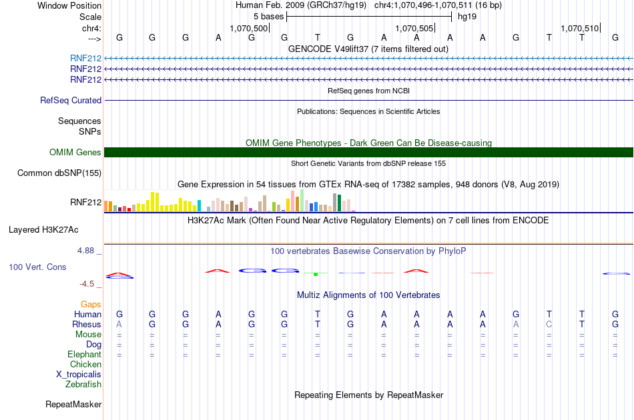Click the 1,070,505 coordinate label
coord(414,28)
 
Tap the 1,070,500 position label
coord(249,28)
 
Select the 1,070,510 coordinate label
coord(579,28)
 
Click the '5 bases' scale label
coord(268,17)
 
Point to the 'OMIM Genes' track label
coord(75,152)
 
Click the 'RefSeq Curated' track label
coord(71,100)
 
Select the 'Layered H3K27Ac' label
coord(43,230)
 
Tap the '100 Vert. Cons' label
coord(37,267)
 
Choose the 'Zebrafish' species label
coord(83,384)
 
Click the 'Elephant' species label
coord(85,354)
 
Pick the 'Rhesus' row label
coord(87,324)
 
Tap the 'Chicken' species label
coord(85,364)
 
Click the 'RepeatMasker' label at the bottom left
coord(73,404)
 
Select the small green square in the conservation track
coord(316,274)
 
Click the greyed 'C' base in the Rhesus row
coord(549,324)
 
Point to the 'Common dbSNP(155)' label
coord(59,173)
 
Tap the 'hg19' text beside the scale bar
coord(467,17)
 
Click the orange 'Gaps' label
coord(91,304)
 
